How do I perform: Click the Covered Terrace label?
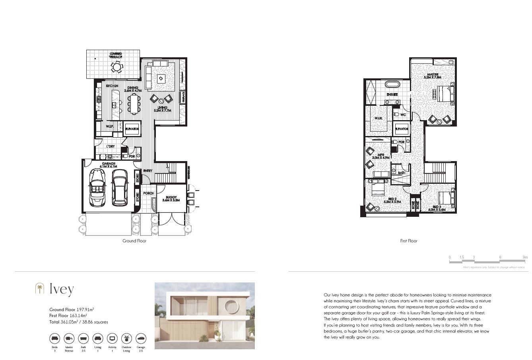pos(116,55)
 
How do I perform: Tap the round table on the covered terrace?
pos(116,68)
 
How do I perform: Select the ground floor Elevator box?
pos(132,129)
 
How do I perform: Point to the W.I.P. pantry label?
pos(110,126)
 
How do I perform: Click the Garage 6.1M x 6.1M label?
pos(109,165)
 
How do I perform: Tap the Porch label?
pos(148,193)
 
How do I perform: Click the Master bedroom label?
pos(433,76)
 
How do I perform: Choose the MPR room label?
pos(380,156)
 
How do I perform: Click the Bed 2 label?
pos(392,200)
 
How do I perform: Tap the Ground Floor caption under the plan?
pos(134,241)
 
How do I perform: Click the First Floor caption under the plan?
pos(409,241)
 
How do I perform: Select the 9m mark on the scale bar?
pos(525,257)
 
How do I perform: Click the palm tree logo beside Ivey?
pos(39,288)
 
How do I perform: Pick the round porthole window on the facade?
pos(231,307)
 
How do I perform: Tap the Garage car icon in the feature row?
pos(141,339)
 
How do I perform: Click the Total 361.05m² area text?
pos(78,322)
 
